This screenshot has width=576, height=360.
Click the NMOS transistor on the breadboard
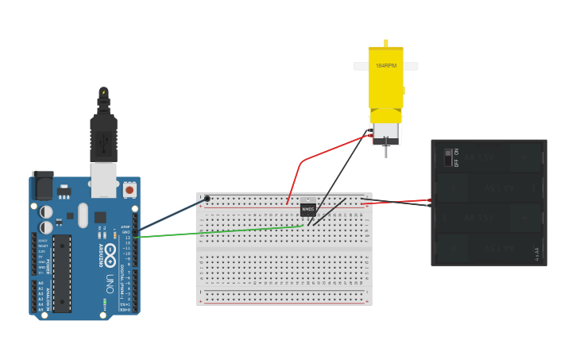click(x=308, y=209)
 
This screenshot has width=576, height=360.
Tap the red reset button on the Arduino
click(x=129, y=190)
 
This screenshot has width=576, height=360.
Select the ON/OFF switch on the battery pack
click(x=450, y=157)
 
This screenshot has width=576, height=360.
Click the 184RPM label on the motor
click(x=386, y=65)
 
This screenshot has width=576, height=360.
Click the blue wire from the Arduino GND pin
click(x=171, y=215)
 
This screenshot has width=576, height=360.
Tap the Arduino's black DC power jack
click(x=42, y=185)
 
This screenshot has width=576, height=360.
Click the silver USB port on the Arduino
click(x=104, y=180)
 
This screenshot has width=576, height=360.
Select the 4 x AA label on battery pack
click(x=537, y=254)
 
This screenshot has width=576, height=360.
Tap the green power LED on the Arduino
click(x=104, y=303)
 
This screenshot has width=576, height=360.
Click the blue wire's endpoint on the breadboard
click(x=207, y=199)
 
